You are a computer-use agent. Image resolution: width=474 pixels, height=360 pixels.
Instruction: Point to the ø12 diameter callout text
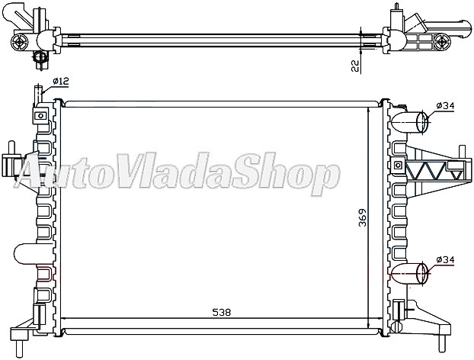(62, 82)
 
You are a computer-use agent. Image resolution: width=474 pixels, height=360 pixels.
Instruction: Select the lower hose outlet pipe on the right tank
(415, 273)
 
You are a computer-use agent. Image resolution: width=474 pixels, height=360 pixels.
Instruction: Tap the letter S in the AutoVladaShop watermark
(254, 175)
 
